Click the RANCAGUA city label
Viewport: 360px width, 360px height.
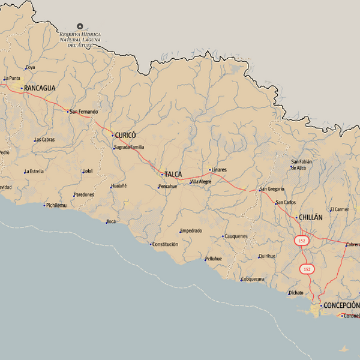(40, 88)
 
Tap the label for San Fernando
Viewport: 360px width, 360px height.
(83, 112)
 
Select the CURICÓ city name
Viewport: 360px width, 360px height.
(125, 135)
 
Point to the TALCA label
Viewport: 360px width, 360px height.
(173, 174)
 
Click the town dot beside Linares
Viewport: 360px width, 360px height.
(210, 170)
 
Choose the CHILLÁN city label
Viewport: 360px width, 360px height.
(310, 217)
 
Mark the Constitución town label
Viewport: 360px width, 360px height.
(165, 244)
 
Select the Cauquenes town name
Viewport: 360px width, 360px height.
(236, 236)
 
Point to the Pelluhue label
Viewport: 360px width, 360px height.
(214, 259)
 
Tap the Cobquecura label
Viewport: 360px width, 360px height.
(253, 279)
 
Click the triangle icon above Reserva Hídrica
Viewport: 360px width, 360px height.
(80, 26)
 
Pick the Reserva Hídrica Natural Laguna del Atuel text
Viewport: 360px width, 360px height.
(80, 40)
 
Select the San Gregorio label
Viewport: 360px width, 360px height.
(272, 189)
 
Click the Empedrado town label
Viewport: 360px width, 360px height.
(191, 230)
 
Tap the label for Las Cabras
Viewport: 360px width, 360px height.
(45, 139)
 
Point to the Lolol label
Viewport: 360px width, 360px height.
(88, 171)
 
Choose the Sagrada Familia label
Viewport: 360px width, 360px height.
(130, 147)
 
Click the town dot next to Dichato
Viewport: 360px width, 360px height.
(288, 293)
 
